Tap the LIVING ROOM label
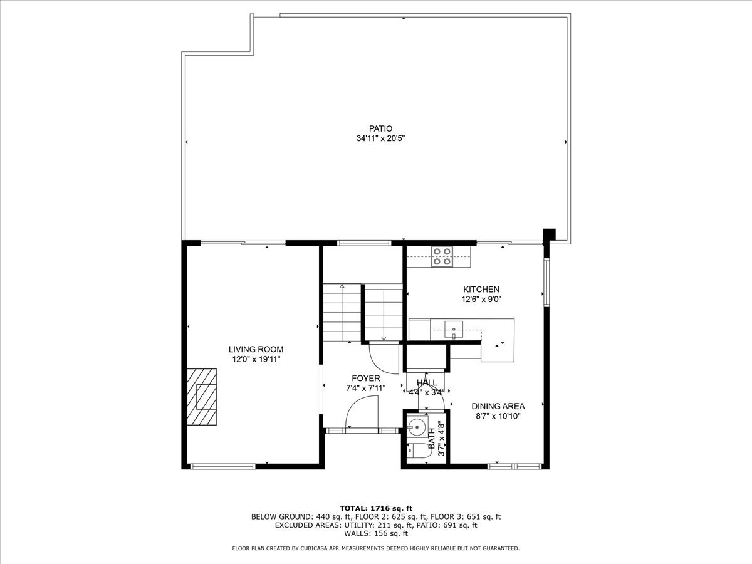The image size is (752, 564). [256, 349]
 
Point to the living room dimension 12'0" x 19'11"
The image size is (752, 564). [256, 359]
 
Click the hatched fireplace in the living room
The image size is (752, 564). [202, 397]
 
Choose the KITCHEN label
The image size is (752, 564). [481, 290]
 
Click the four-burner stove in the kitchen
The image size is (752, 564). [442, 257]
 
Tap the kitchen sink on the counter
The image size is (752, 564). [453, 328]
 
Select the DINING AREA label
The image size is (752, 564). [498, 406]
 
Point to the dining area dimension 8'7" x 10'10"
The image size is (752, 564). [498, 416]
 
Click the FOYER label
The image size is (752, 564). [365, 379]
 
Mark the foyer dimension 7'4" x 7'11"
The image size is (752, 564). [365, 388]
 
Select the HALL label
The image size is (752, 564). [427, 382]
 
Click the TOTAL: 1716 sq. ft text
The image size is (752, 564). [375, 508]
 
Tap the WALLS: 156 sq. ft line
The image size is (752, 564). [375, 534]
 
